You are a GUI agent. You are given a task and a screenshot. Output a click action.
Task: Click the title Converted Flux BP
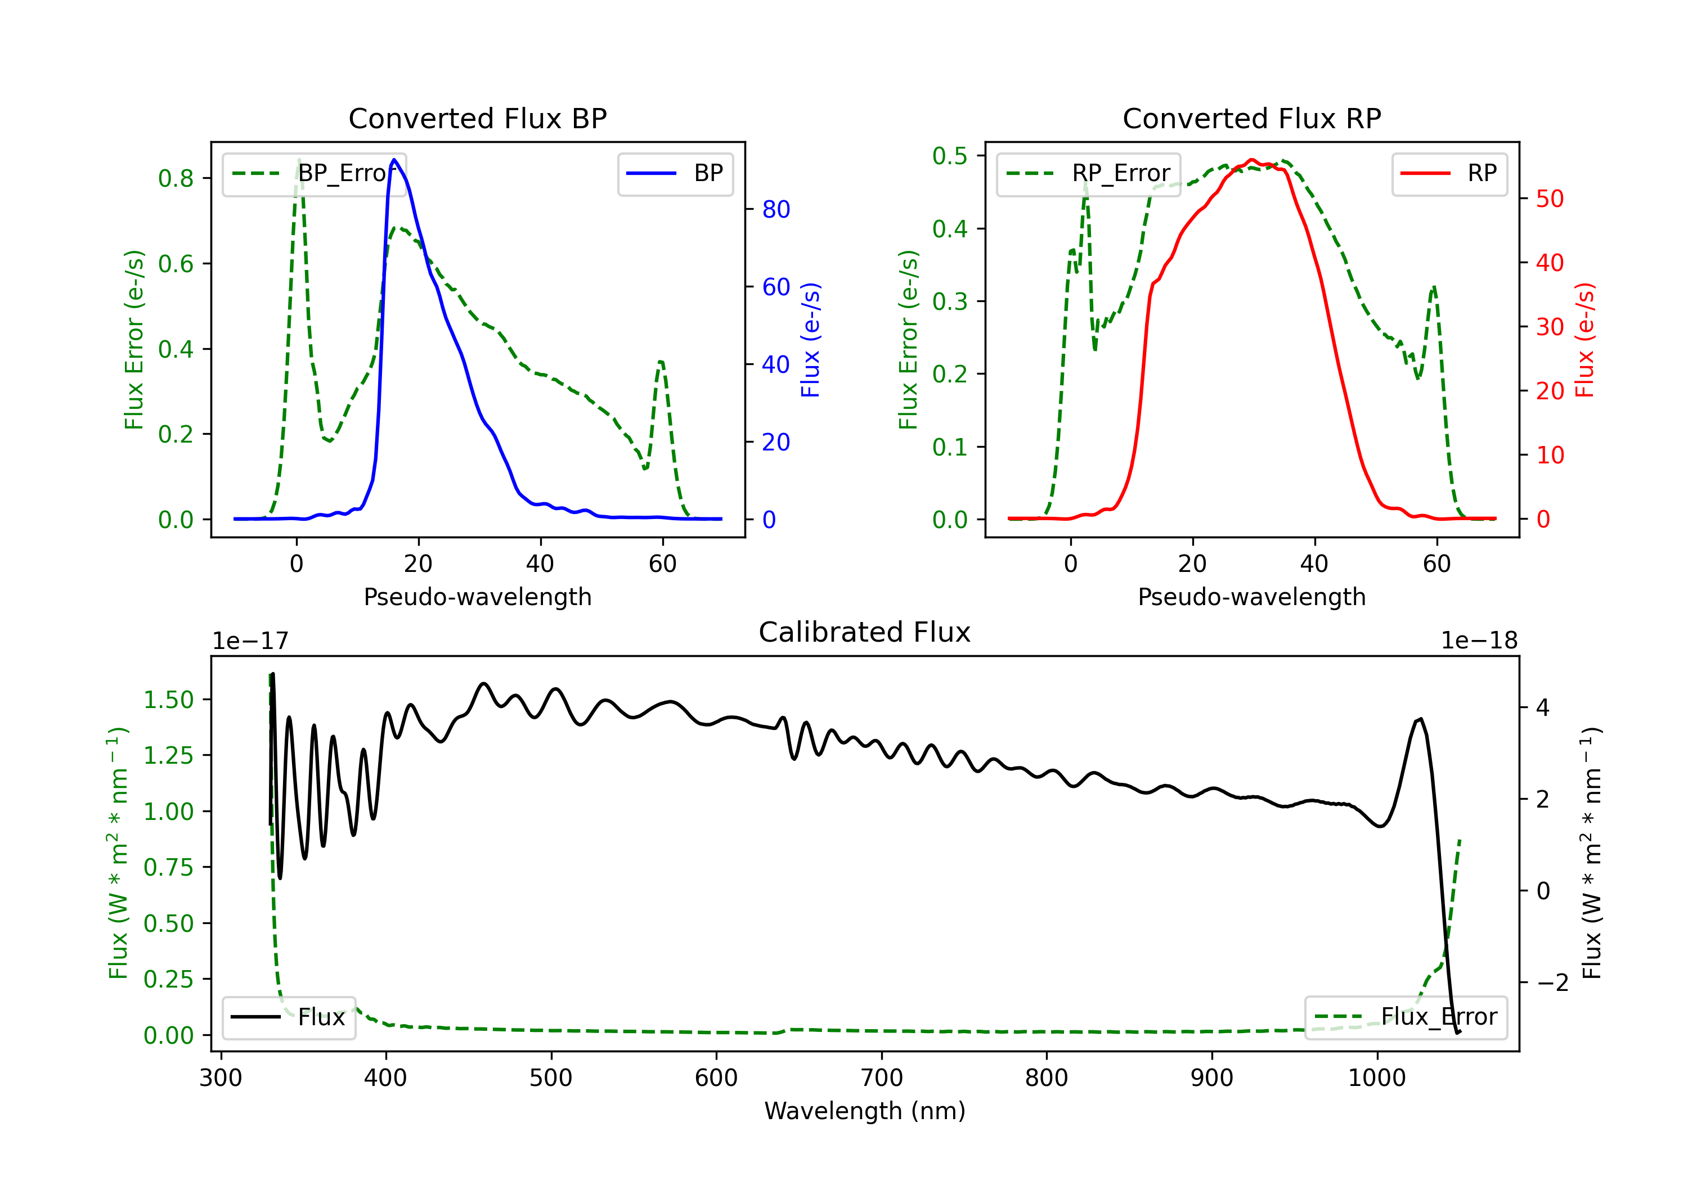pos(477,118)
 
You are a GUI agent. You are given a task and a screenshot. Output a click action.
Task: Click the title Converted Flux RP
pos(1251,118)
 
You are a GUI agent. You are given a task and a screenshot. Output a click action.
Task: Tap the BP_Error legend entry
pos(314,173)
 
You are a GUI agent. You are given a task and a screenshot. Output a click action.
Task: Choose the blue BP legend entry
pos(675,173)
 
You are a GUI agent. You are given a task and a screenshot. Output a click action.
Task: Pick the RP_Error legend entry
pos(1088,173)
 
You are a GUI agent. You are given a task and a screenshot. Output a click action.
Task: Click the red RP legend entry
pos(1449,173)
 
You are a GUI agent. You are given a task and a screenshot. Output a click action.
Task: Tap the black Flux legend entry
pos(288,1017)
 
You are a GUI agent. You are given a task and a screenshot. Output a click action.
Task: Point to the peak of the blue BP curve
pos(394,160)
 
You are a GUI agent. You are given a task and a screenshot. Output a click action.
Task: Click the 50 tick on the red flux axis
pos(1550,199)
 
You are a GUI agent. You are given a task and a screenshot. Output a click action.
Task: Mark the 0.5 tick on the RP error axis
pos(950,156)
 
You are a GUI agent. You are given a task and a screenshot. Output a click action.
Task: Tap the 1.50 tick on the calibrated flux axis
pos(168,700)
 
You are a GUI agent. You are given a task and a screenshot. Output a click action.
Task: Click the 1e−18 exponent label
pos(1479,641)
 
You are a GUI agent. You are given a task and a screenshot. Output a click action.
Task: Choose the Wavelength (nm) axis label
pos(865,1111)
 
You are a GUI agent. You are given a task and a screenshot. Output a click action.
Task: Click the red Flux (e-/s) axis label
pos(1584,340)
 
